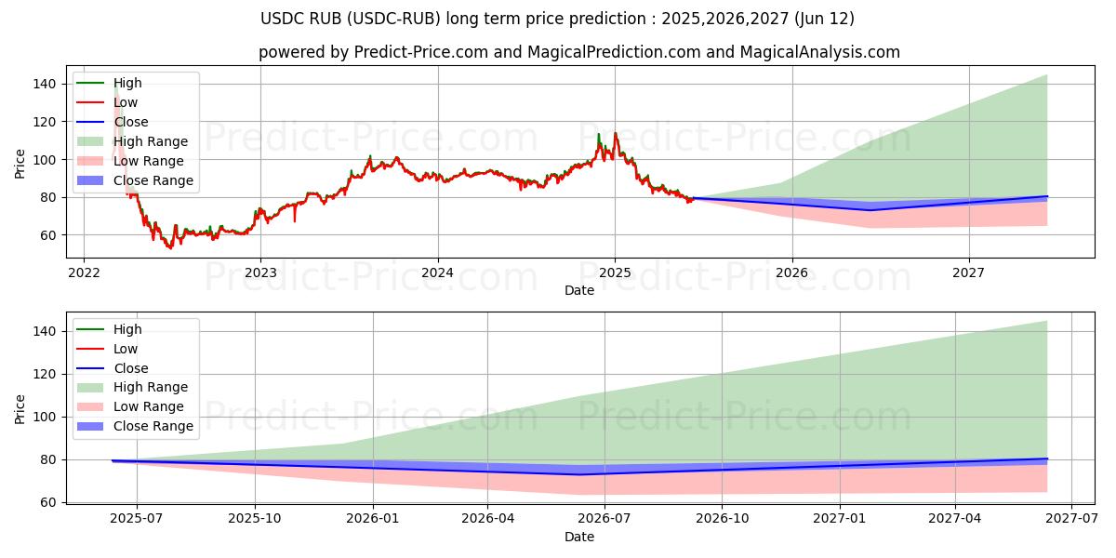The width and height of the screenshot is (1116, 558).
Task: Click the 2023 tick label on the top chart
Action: [x=260, y=272]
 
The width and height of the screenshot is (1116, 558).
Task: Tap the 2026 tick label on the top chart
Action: [x=791, y=272]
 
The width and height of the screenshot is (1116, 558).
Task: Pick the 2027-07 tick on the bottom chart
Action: [x=1072, y=519]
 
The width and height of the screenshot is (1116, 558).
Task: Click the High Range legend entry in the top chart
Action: [x=150, y=141]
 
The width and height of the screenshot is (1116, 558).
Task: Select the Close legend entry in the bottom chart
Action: [x=130, y=368]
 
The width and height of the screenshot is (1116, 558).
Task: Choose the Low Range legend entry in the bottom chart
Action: [x=148, y=406]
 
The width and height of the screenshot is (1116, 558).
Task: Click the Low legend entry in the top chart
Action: [x=126, y=102]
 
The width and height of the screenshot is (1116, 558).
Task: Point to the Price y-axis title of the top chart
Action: [x=20, y=164]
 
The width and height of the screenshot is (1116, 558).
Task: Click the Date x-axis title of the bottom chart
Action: [x=578, y=537]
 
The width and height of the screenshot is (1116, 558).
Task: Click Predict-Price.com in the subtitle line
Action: [x=420, y=53]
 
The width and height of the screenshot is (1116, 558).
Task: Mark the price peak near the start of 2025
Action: [x=615, y=133]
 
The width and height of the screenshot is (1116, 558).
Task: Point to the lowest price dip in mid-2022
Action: [x=169, y=248]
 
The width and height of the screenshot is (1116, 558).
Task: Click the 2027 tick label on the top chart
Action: [x=969, y=272]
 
